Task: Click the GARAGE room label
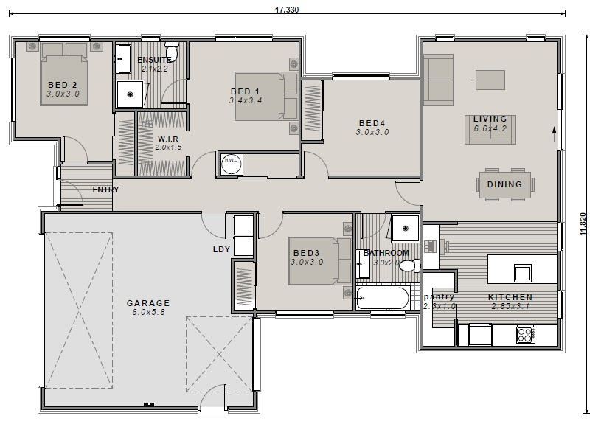pos(148,302)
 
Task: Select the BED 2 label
pos(63,85)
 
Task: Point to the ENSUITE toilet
pos(172,50)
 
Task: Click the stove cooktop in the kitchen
pos(525,335)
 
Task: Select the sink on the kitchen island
pos(522,272)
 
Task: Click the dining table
pos(504,185)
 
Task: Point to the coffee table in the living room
pos(490,78)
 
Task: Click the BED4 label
pos(372,123)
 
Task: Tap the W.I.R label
pos(167,139)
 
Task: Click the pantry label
pos(440,297)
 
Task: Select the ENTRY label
pos(105,190)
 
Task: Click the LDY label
pos(221,249)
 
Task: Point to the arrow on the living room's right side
pos(553,132)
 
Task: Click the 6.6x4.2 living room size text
pos(490,128)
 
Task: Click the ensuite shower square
pos(131,94)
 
